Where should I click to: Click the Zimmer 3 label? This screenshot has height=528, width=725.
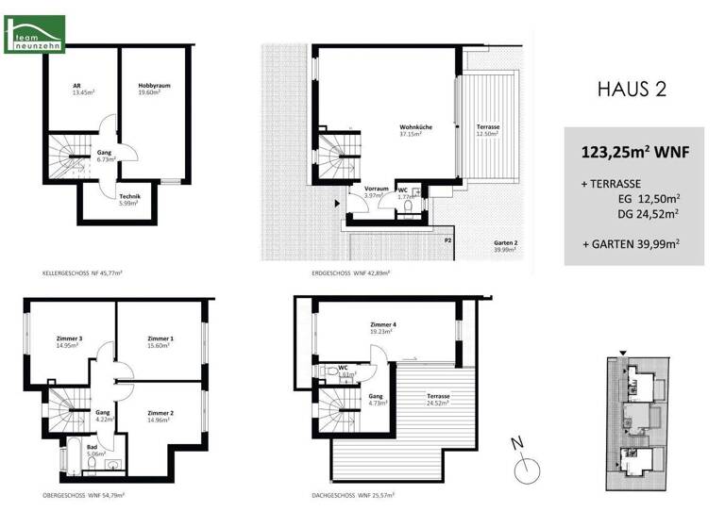coord(68,342)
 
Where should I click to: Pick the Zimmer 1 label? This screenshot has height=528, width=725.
coord(160,342)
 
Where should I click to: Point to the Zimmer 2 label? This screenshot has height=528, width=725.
coord(160,417)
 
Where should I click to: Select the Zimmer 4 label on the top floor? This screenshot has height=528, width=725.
coord(382,328)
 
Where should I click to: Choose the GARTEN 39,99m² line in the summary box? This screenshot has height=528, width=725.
coord(632,244)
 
